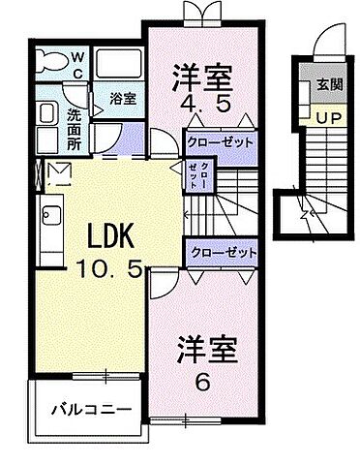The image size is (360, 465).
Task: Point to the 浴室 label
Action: point(122,98)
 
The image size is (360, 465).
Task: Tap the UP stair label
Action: point(325,116)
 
